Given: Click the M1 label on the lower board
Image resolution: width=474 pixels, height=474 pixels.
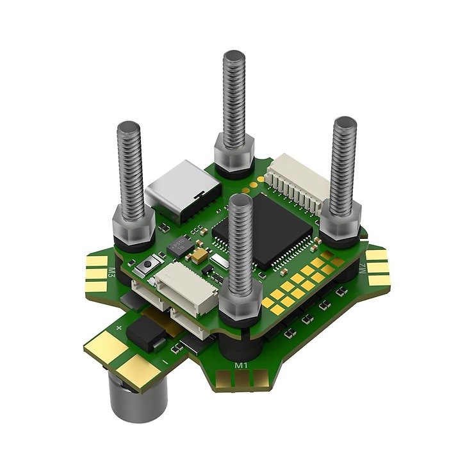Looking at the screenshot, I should [x=241, y=365].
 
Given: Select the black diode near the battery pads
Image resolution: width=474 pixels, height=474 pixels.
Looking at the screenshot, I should [x=143, y=334].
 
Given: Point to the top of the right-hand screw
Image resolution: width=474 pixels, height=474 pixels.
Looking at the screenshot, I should [x=345, y=122].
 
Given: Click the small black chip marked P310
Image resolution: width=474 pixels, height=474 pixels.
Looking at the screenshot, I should [x=177, y=245].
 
